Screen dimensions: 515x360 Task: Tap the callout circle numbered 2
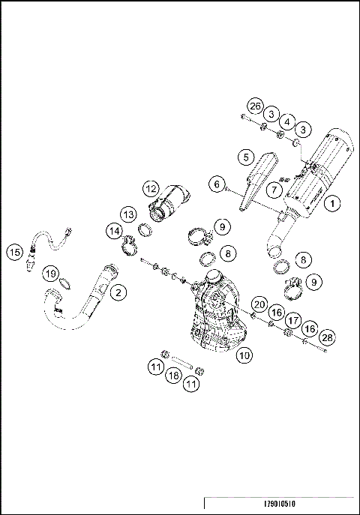pyautogui.click(x=119, y=292)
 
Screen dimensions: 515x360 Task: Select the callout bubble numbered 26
pyautogui.click(x=255, y=106)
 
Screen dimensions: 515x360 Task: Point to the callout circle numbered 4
pyautogui.click(x=286, y=121)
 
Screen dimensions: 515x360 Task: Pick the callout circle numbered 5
pyautogui.click(x=244, y=157)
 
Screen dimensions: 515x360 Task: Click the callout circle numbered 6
pyautogui.click(x=217, y=184)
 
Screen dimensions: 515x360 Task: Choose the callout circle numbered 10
pyautogui.click(x=243, y=356)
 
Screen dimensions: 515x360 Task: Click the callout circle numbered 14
pyautogui.click(x=113, y=232)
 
